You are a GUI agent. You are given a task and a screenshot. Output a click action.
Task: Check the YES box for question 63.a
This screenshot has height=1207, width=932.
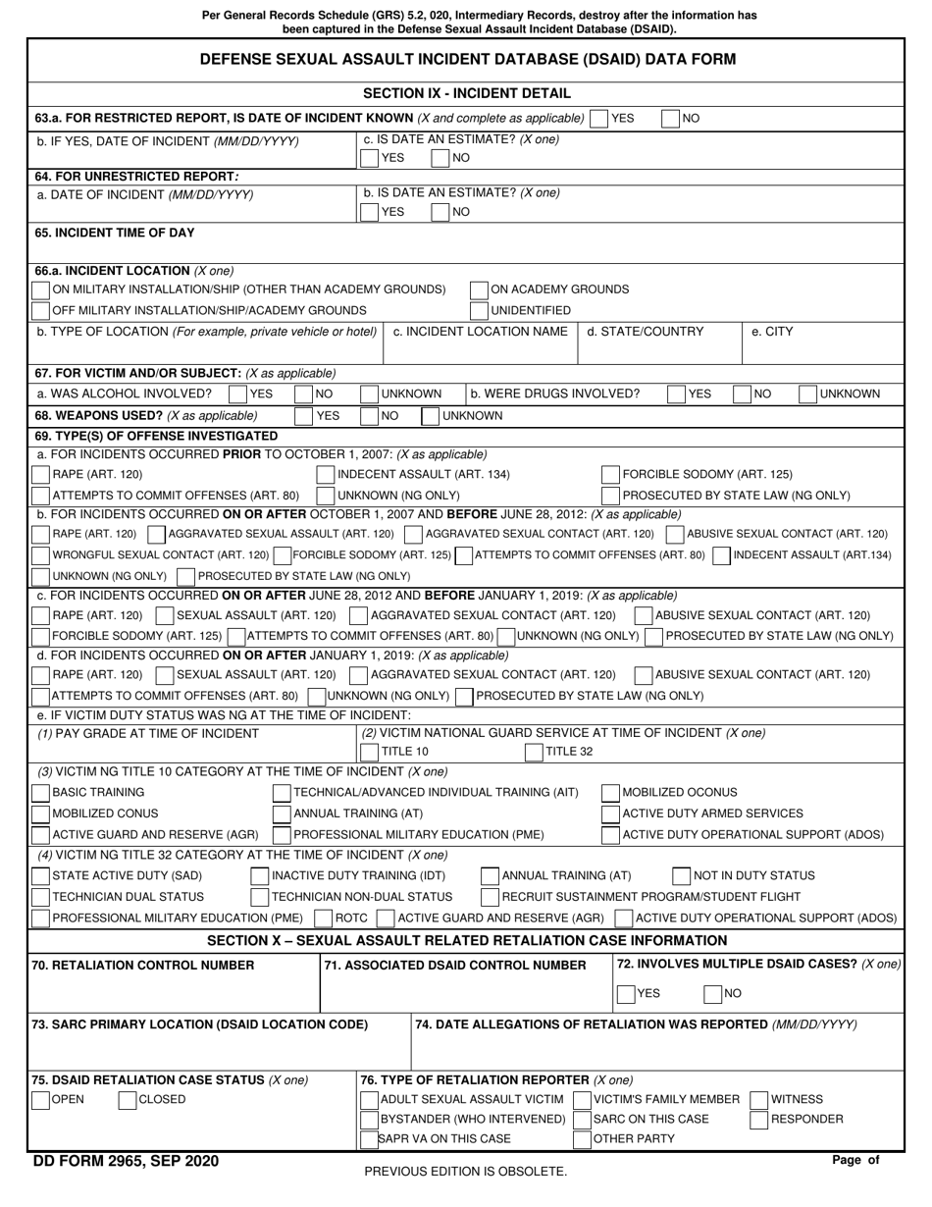pos(598,119)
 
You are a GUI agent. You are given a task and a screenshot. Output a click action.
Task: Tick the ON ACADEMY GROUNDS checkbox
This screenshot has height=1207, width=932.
pos(479,290)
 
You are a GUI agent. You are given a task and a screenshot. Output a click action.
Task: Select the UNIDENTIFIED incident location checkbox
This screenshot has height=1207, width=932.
pos(479,311)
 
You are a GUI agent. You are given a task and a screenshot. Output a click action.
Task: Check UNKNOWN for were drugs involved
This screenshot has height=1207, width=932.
pos(807,394)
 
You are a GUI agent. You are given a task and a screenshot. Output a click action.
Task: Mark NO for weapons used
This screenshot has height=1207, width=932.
pos(369,416)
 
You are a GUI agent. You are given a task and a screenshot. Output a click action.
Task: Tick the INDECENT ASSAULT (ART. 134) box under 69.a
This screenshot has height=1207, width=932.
pos(326,475)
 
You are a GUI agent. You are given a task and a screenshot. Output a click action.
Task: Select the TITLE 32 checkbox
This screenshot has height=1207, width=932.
pos(534,753)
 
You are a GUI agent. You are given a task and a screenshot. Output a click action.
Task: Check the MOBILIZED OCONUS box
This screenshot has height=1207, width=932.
pos(609,793)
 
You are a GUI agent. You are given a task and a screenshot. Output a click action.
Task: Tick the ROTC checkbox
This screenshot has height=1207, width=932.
pos(323,918)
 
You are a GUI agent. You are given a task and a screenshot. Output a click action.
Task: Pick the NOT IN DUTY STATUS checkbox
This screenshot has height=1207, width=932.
pos(681,876)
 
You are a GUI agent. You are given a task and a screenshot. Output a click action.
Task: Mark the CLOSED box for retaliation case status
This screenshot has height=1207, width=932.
pos(127,1100)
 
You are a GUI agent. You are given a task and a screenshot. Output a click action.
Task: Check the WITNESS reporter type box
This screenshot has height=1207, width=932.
pos(758,1100)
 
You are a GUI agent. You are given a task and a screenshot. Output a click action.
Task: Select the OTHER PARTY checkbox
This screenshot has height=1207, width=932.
pos(583,1139)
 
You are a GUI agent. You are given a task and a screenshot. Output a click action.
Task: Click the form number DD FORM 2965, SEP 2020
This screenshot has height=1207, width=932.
pos(126,1162)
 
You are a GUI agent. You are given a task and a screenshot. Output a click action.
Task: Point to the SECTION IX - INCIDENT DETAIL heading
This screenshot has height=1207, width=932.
pos(466,94)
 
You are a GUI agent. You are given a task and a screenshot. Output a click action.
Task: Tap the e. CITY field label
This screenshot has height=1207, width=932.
pos(772,332)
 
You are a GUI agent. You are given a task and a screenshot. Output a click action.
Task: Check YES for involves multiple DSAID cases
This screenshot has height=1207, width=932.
pos(625,994)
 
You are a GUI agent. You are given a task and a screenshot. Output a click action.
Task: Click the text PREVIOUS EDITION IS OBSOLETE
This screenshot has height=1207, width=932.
pos(465,1172)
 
